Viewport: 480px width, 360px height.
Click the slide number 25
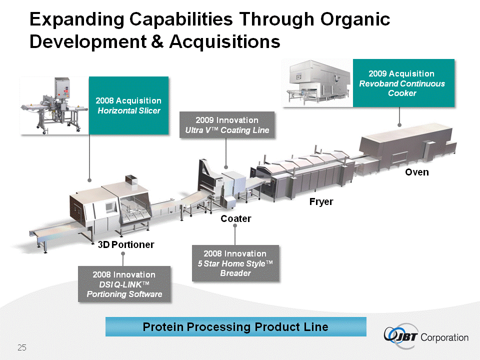tap(21, 347)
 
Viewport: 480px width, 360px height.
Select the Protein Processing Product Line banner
tap(235, 327)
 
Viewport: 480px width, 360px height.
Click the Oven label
tap(416, 172)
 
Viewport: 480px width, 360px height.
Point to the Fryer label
tap(320, 202)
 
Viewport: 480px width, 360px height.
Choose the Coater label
tap(236, 218)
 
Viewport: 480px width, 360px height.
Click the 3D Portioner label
tap(126, 244)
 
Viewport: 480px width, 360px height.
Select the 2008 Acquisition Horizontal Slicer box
tap(128, 105)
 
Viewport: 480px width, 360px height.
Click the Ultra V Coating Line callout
tap(227, 125)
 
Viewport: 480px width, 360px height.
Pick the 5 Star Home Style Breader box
tap(235, 263)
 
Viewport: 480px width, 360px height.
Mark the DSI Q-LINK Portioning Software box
tap(124, 284)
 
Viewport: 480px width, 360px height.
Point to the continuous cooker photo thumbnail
tap(317, 83)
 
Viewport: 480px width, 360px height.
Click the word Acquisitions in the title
tap(225, 41)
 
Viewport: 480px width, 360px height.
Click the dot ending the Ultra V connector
tap(226, 166)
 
